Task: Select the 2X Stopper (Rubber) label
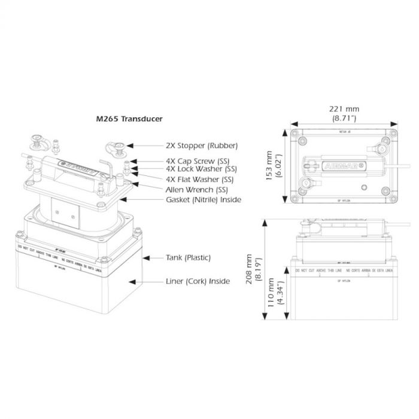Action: [x=202, y=145]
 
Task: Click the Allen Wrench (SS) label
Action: [x=198, y=189]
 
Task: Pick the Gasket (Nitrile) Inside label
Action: [x=204, y=199]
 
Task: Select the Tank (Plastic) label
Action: [x=188, y=258]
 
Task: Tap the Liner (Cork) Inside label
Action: [x=198, y=281]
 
